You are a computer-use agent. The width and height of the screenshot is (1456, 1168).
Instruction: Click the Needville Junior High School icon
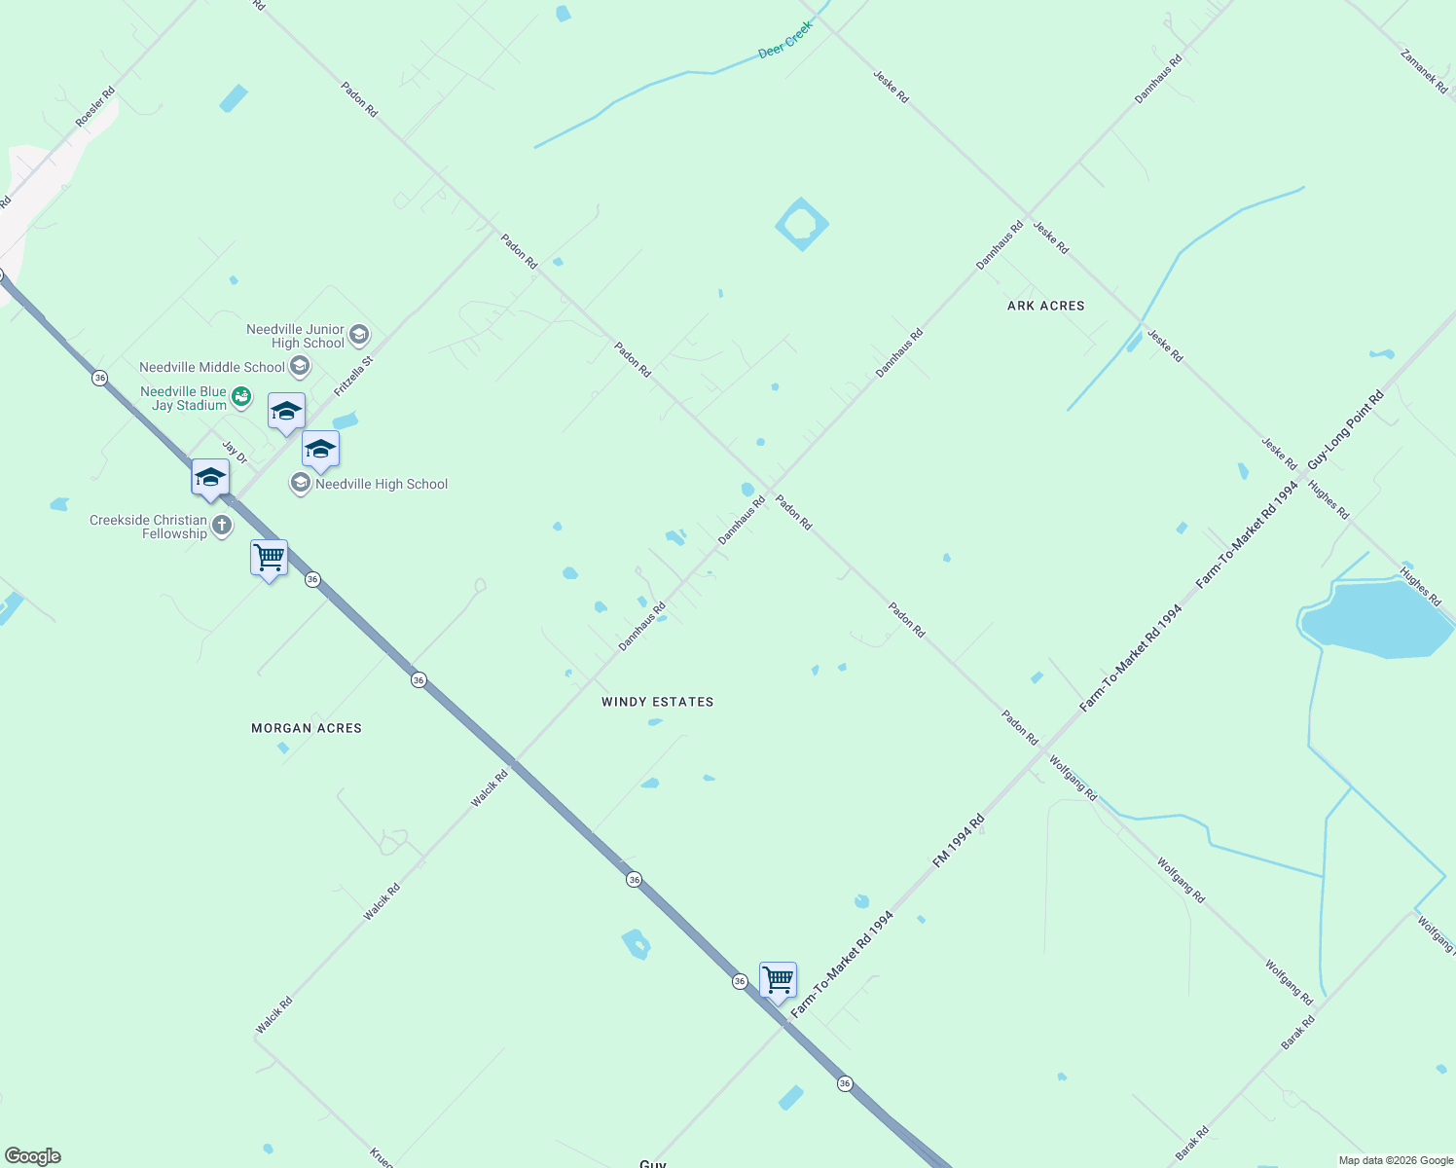coord(359,336)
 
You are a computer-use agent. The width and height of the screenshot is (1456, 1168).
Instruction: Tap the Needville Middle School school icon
coord(300,366)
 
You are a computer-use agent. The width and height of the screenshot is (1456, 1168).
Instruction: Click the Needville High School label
coord(382,484)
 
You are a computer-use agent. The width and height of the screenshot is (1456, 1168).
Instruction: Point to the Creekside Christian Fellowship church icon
coord(222,527)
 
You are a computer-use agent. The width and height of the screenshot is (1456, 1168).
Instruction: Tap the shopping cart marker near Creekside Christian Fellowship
coord(269,559)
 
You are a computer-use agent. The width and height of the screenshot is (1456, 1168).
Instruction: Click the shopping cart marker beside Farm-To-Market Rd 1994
coord(778,980)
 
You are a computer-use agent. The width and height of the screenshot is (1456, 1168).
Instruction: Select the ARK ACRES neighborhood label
coord(1045,306)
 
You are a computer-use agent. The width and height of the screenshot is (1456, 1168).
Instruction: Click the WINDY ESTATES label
coord(657,702)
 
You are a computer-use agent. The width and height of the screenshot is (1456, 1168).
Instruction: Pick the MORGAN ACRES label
coord(307,728)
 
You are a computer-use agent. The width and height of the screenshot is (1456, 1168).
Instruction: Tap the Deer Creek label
coord(784,41)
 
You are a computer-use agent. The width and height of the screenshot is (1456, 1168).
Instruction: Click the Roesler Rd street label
coord(95,107)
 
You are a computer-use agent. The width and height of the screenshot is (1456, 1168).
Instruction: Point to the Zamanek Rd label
coord(1424,71)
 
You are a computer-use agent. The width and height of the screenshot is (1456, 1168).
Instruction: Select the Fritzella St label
coord(353,376)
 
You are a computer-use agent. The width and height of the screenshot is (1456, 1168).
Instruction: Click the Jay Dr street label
coord(235,453)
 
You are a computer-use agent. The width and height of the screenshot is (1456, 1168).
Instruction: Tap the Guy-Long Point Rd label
coord(1345,429)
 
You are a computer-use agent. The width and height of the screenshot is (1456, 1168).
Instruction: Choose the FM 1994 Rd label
coord(959,841)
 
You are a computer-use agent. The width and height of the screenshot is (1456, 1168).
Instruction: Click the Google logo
coord(32,1156)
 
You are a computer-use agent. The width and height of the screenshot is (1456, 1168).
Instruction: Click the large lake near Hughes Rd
coord(1378,617)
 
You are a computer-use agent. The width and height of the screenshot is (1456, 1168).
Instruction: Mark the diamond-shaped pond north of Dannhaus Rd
coord(802,225)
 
